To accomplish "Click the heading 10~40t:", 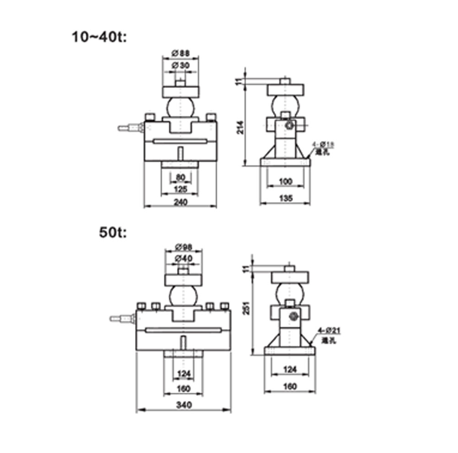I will pyautogui.click(x=98, y=37).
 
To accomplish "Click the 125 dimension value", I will pyautogui.click(x=180, y=189).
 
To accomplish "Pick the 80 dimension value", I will pyautogui.click(x=180, y=177).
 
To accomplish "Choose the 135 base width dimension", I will pyautogui.click(x=285, y=198).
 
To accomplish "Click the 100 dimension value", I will pyautogui.click(x=285, y=182).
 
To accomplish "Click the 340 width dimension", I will pyautogui.click(x=183, y=405).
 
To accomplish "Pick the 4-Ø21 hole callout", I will pyautogui.click(x=329, y=329).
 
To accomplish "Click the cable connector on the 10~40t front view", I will pyautogui.click(x=130, y=128).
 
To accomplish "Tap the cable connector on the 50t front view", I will pyautogui.click(x=121, y=317).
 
